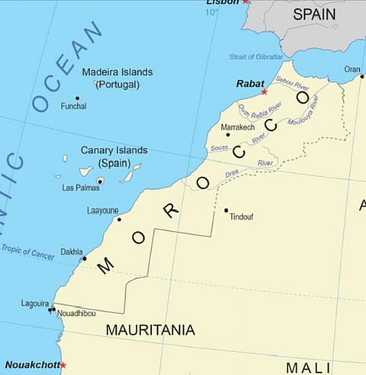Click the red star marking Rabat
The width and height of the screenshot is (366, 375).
(x=265, y=91)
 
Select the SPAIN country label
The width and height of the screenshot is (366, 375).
(x=314, y=14)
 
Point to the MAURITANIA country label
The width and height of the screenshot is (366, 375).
(x=150, y=331)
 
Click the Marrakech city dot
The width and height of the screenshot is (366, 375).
(x=227, y=135)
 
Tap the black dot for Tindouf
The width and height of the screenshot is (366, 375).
(x=226, y=210)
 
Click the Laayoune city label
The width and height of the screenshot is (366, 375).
(x=103, y=210)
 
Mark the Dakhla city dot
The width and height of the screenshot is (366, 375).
(x=85, y=258)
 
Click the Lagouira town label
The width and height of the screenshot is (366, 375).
(x=36, y=303)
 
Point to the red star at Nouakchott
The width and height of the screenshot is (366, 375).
(x=63, y=365)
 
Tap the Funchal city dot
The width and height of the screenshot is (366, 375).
(x=77, y=98)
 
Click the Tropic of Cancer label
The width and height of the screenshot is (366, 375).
(x=27, y=252)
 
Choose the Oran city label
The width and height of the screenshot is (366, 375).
(x=352, y=69)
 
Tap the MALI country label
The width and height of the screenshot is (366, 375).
(x=308, y=367)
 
